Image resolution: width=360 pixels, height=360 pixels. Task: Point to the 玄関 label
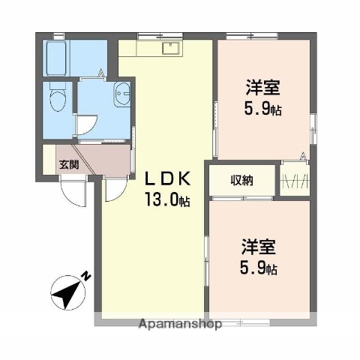point(69,165)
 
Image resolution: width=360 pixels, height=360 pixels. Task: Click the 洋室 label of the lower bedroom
point(258,247)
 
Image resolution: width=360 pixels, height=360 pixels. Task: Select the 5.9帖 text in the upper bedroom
point(263,109)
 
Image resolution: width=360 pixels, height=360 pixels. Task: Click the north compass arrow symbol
point(65,292)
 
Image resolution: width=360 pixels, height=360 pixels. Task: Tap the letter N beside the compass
point(86,275)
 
